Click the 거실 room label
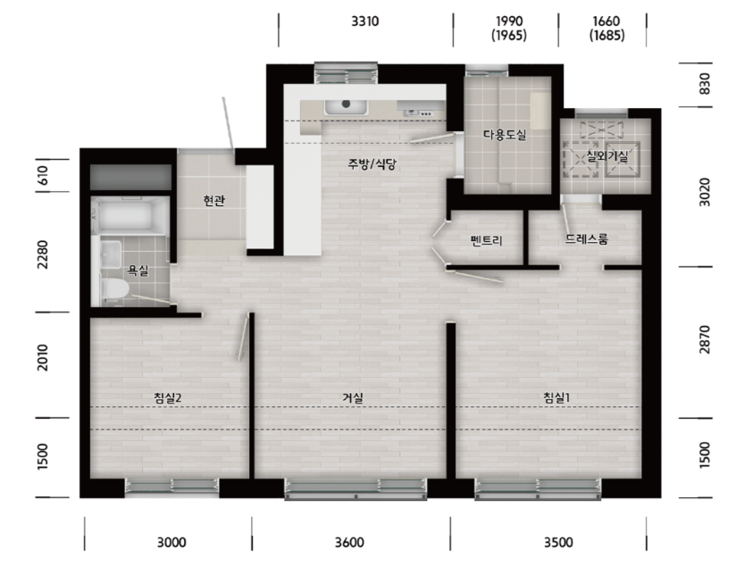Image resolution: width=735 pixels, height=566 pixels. (x=353, y=398)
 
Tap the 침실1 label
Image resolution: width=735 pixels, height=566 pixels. (x=556, y=398)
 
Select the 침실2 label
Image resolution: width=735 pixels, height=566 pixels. (x=167, y=398)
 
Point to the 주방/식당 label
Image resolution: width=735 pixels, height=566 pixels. (x=372, y=164)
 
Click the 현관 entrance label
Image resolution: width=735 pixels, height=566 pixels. (x=213, y=201)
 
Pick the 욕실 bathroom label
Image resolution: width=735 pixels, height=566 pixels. (x=138, y=271)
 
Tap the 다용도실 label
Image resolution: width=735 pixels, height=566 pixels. (x=505, y=135)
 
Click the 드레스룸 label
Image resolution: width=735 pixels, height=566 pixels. (x=586, y=239)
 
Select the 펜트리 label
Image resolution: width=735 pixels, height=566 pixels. (x=486, y=241)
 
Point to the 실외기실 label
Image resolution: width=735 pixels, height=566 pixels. (x=606, y=156)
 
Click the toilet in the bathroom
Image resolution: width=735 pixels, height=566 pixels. (x=115, y=288)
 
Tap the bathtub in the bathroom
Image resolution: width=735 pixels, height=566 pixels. (x=129, y=215)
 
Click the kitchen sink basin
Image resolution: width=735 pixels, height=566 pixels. (x=347, y=107)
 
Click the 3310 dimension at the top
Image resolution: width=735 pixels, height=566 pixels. (x=365, y=21)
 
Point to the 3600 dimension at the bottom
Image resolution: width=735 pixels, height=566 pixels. (x=349, y=543)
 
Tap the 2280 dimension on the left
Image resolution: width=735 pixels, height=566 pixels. (x=43, y=254)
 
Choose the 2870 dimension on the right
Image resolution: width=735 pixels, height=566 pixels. (x=704, y=340)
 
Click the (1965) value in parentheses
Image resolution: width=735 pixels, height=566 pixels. (x=509, y=36)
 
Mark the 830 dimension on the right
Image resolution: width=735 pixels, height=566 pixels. (x=704, y=84)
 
